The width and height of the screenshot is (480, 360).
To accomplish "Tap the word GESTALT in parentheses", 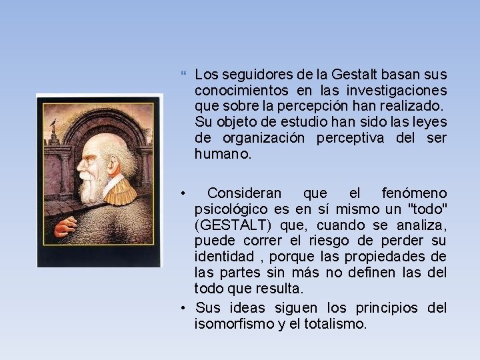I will pyautogui.click(x=231, y=225).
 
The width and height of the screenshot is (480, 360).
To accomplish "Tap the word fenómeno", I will pyautogui.click(x=414, y=193).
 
